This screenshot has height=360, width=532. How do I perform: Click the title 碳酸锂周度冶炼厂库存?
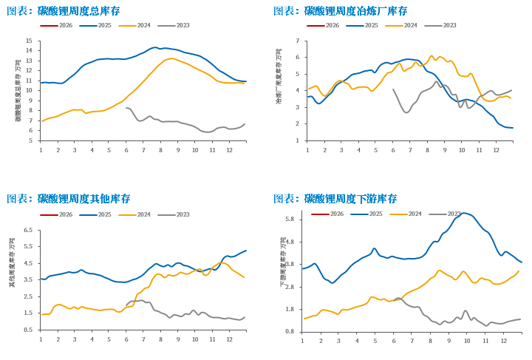355,11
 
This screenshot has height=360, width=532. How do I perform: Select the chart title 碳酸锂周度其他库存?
83,199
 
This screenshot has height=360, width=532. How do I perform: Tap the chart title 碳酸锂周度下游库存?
350,199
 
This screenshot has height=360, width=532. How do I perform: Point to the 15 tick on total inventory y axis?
29,41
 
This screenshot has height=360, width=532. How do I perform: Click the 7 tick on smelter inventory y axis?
297,41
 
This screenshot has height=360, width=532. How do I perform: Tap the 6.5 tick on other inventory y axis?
27,230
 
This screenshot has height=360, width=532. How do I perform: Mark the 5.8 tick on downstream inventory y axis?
289,220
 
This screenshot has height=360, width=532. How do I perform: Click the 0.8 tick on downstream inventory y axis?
289,331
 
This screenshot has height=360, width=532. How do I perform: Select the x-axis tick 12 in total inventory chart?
229,150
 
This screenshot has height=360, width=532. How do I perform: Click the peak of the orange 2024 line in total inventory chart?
171,58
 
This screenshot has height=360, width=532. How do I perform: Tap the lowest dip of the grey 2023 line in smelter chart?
406,112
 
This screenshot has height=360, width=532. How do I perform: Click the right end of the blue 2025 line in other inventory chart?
246,251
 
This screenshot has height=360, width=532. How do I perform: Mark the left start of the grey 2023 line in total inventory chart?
126,108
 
